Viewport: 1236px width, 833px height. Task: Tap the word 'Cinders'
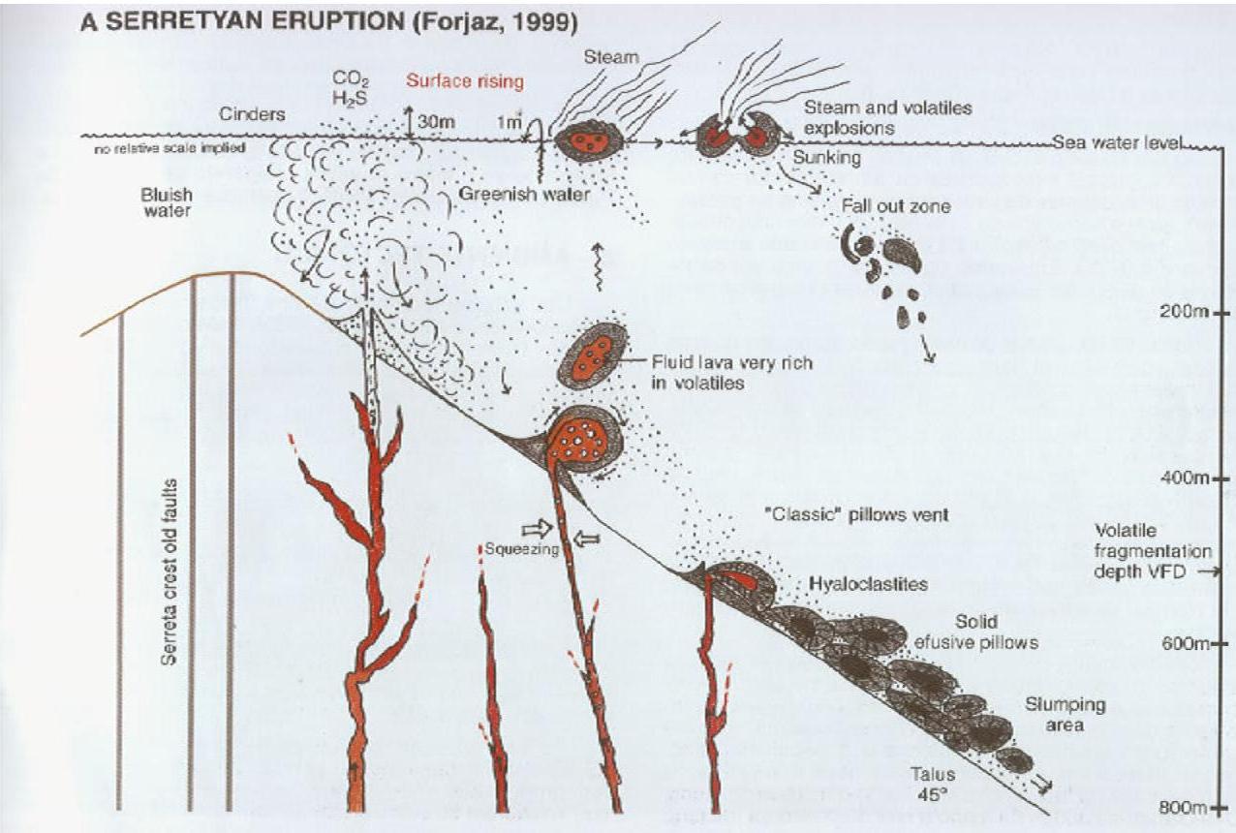click(x=254, y=114)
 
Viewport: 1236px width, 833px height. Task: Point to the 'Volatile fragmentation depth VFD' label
click(x=1153, y=552)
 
